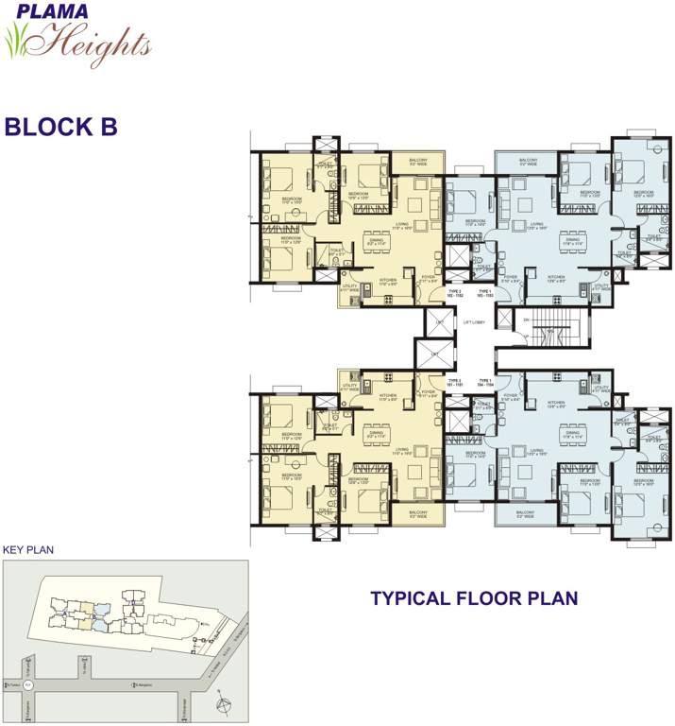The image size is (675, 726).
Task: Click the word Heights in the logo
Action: pos(94,42)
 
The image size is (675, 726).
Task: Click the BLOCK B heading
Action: pos(60,128)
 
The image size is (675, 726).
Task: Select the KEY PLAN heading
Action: pos(25,548)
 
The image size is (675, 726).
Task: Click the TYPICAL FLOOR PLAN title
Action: pos(473,597)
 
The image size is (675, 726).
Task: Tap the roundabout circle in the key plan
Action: pos(28,683)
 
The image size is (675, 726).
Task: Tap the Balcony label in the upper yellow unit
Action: pos(418,162)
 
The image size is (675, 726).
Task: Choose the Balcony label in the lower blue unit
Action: pos(528,515)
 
